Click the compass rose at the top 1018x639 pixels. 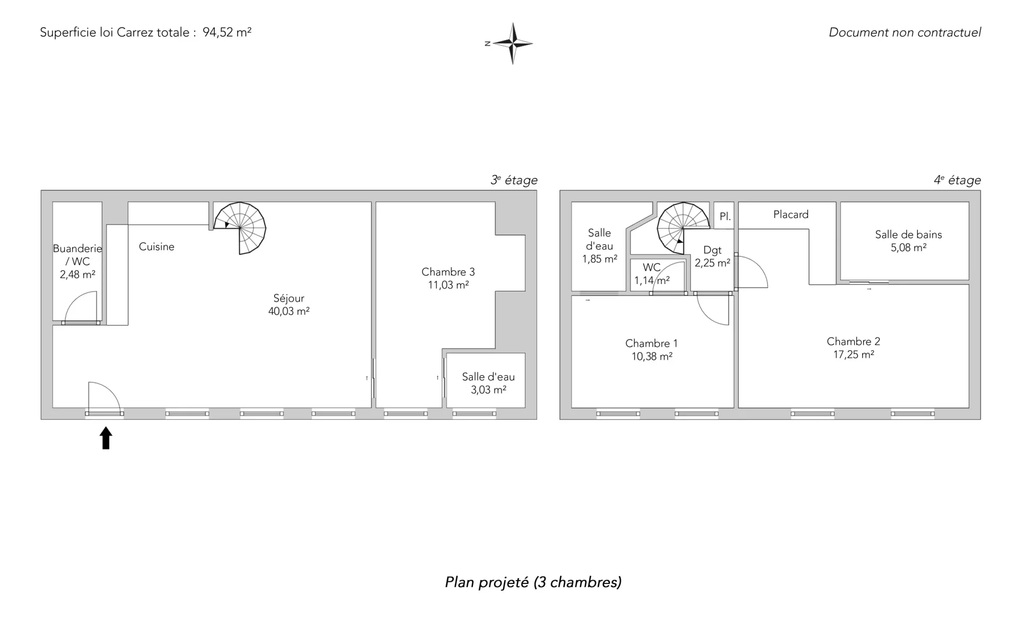pos(513,43)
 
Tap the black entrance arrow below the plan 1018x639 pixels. pos(106,438)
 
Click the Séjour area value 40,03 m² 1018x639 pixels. pos(289,312)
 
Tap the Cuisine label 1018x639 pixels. pos(156,246)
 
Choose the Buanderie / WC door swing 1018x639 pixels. pos(80,307)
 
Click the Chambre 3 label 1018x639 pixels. pos(448,272)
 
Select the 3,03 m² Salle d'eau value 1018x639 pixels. pos(488,390)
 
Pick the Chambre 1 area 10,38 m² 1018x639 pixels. pos(652,357)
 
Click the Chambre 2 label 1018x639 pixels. pos(853,342)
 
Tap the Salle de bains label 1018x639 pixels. pos(908,234)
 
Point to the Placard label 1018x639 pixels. pos(791,215)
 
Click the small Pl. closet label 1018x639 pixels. pos(725,217)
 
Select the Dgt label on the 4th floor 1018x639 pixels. pos(712,251)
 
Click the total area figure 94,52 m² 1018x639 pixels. pos(227,32)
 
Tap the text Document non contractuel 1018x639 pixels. pos(905,32)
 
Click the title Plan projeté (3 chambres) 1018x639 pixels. pos(533,582)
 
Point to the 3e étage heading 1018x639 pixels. pos(514,180)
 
